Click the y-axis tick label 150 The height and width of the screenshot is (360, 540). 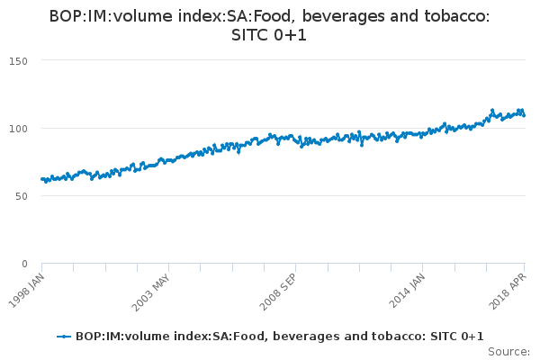click(x=20, y=60)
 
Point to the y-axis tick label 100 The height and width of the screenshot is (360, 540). click(x=20, y=128)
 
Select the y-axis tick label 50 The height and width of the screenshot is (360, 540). click(x=22, y=195)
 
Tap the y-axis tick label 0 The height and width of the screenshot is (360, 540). click(x=25, y=263)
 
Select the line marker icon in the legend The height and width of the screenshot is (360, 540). click(x=64, y=337)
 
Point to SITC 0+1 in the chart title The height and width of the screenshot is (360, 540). click(x=269, y=35)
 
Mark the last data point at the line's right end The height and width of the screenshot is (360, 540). click(x=524, y=115)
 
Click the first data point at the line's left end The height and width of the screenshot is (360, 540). click(x=42, y=179)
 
